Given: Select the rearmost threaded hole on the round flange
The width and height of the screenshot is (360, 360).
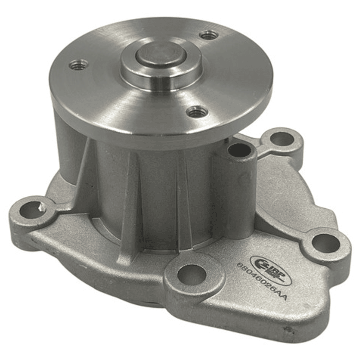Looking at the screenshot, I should click(208, 35).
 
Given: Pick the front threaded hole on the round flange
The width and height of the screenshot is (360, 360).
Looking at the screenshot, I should click(197, 111).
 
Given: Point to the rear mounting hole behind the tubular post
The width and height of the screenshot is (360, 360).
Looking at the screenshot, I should click(283, 139).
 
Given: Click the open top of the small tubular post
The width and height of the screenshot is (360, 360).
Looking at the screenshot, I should click(239, 149).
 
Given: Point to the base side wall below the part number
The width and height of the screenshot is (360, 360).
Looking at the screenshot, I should click(280, 320).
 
